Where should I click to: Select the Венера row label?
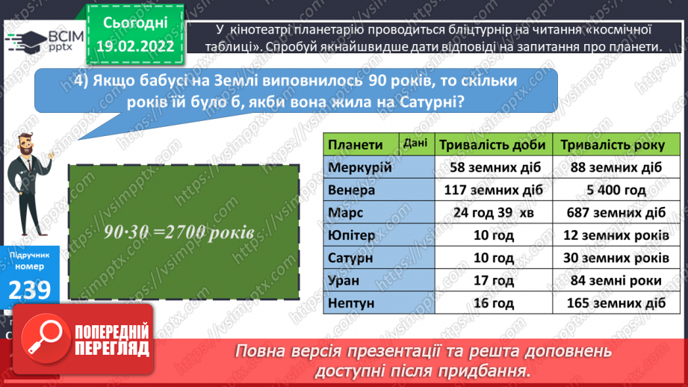click(352, 190)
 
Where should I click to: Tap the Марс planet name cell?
click(345, 213)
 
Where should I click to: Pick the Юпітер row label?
click(353, 235)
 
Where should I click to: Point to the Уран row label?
click(344, 281)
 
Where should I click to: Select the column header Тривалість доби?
click(493, 144)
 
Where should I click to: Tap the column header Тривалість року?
click(614, 144)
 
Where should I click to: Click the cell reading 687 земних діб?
click(614, 213)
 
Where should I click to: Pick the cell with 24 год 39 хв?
click(493, 213)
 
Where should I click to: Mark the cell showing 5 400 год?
click(614, 190)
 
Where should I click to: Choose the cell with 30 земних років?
click(614, 258)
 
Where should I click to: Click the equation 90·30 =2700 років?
click(179, 232)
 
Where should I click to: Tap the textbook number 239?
click(31, 290)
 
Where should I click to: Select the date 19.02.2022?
click(135, 46)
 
